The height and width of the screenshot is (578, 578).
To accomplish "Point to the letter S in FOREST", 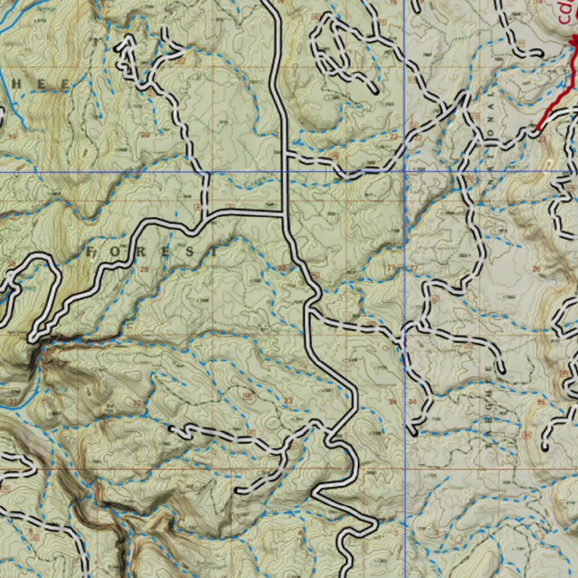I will (182, 252).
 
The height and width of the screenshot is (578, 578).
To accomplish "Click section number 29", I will (144, 270).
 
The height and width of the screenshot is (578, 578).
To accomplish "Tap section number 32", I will (137, 403).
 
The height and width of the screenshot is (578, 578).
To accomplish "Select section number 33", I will (288, 401).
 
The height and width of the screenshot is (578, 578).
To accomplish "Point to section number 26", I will (536, 269).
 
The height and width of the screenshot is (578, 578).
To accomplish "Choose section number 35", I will (541, 402).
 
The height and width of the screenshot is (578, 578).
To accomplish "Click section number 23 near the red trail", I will (542, 138).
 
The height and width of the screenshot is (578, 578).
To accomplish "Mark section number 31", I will (12, 402).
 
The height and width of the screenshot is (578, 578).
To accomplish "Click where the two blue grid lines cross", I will (405, 171).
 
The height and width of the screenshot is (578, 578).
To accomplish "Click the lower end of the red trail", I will (538, 129).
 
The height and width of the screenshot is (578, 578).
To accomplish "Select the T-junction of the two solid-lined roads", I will (283, 213).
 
